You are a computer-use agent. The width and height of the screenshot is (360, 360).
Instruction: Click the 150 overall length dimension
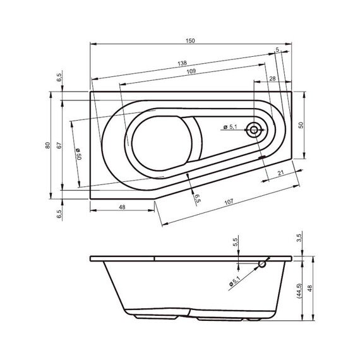coord(190,40)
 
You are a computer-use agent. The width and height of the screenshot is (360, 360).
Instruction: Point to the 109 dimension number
coord(190,72)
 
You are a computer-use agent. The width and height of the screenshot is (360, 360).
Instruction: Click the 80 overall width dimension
coord(47,145)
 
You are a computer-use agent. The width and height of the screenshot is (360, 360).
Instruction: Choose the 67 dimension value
coord(58,145)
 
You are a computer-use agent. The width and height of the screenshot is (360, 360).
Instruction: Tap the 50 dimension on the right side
coord(301,125)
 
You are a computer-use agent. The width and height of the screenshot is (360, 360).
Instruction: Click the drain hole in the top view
coord(254,131)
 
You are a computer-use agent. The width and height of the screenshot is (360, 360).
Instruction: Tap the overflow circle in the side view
coord(262,265)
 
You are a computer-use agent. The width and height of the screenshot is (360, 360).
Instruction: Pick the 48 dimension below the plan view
coord(123,207)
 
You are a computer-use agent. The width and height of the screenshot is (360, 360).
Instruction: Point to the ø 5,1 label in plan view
coord(230,128)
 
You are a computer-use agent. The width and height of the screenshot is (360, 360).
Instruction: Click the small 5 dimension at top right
coord(278,49)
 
